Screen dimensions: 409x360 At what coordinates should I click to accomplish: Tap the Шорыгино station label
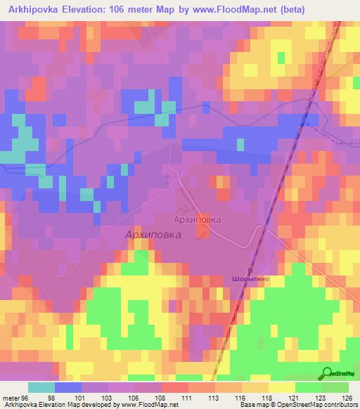(247, 279)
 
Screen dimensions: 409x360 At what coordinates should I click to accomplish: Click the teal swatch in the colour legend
(41, 387)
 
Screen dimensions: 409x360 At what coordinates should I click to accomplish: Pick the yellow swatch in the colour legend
(282, 387)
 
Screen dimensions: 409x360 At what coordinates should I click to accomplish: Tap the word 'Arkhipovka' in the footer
(20, 405)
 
